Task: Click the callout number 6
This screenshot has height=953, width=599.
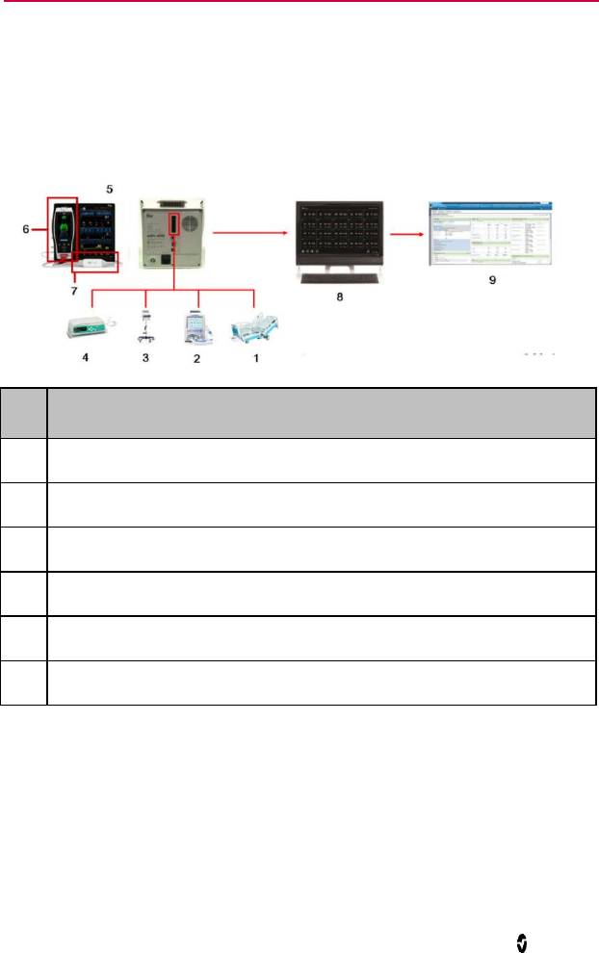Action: pyautogui.click(x=27, y=230)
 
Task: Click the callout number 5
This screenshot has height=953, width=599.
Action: pyautogui.click(x=109, y=190)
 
